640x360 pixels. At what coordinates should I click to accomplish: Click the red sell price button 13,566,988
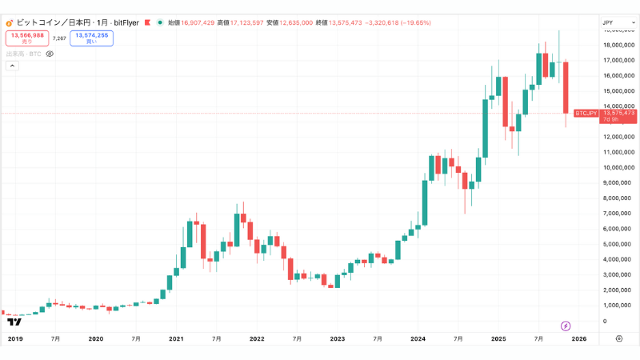point(27,38)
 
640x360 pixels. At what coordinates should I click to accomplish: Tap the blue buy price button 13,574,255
point(91,38)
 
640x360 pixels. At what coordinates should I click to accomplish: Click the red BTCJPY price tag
point(586,114)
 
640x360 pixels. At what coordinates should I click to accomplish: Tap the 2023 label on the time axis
point(338,339)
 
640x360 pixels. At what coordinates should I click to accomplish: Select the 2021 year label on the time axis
point(177,339)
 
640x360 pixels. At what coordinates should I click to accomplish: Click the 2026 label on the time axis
point(578,339)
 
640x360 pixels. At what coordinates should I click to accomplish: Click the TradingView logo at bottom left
point(14,322)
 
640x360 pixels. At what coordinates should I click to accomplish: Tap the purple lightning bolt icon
point(566,326)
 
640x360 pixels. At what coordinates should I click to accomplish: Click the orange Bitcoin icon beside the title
point(9,23)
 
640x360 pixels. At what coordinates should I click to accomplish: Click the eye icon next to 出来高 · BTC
point(50,54)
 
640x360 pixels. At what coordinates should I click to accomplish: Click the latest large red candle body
point(565,87)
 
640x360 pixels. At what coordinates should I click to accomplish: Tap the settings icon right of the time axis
point(619,339)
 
